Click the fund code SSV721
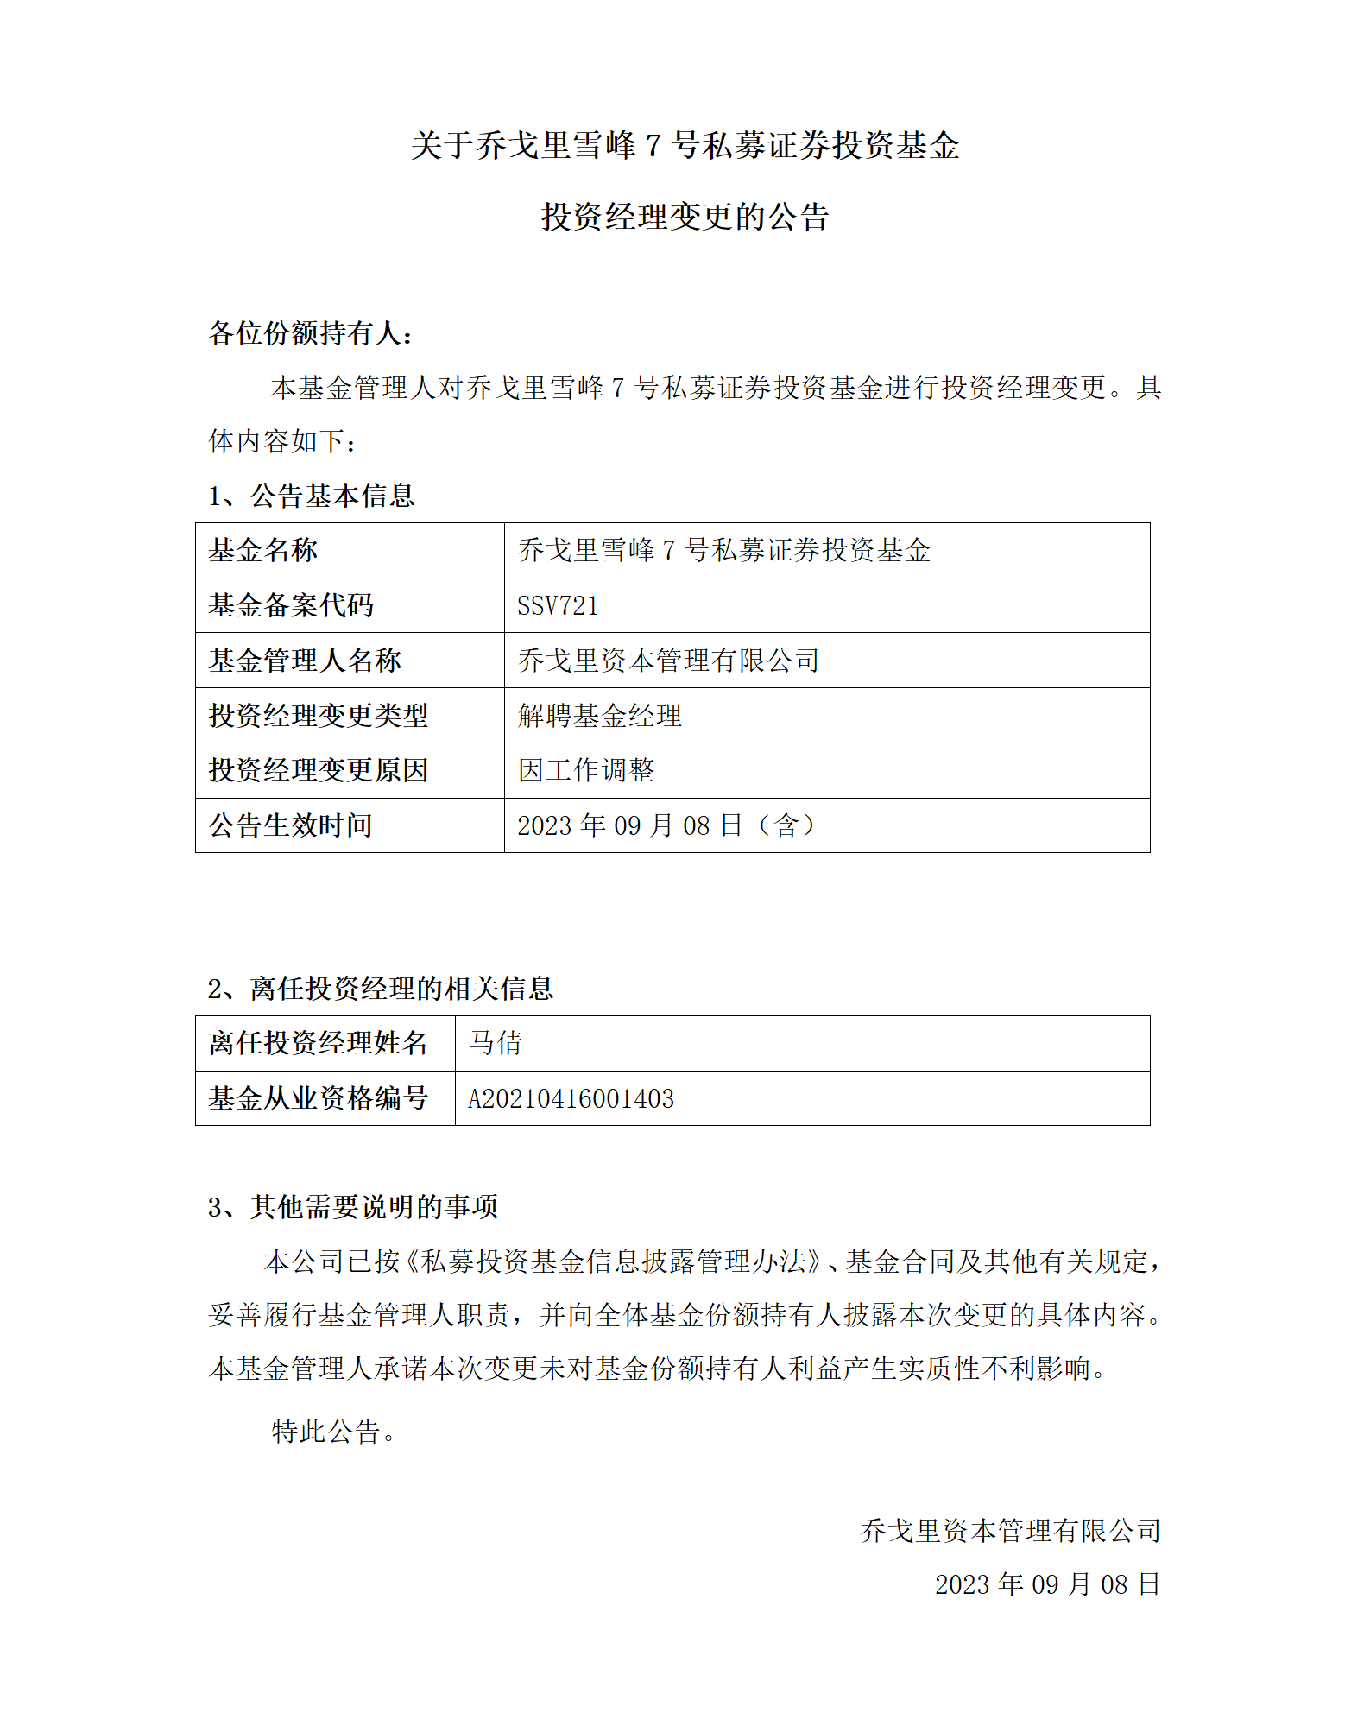558,605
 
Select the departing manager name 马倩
496,1043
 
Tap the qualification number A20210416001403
571,1098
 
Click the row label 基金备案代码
291,605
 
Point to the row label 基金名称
263,550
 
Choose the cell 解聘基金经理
600,716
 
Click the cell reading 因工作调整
586,770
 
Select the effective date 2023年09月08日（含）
666,825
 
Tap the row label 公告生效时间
291,825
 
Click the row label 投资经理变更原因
319,770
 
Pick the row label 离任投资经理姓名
319,1043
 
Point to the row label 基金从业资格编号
319,1098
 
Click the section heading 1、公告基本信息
312,496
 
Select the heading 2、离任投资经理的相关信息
381,989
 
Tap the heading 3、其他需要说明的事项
353,1206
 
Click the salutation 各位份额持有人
311,332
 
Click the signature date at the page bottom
1047,1584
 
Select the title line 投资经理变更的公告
685,217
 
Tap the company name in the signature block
1010,1530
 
